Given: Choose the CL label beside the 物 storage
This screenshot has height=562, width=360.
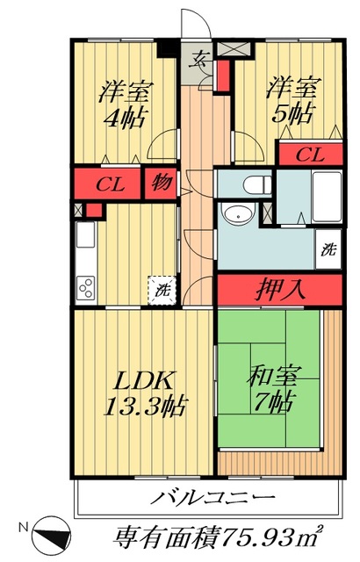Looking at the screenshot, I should (109, 184).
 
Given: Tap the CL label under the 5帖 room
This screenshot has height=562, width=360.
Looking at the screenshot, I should (307, 155).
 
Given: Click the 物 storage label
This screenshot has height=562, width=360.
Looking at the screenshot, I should (161, 184).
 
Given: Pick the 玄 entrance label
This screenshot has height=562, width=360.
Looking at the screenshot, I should (199, 61).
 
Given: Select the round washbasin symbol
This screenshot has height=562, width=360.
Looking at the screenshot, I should (238, 214).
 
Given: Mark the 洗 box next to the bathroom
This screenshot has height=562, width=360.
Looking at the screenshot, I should (327, 249).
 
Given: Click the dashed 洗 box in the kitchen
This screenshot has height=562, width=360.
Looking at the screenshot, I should (162, 288).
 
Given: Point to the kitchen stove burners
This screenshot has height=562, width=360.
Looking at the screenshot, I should (87, 286).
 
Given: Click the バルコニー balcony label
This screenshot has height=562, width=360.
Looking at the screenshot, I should (205, 499).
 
